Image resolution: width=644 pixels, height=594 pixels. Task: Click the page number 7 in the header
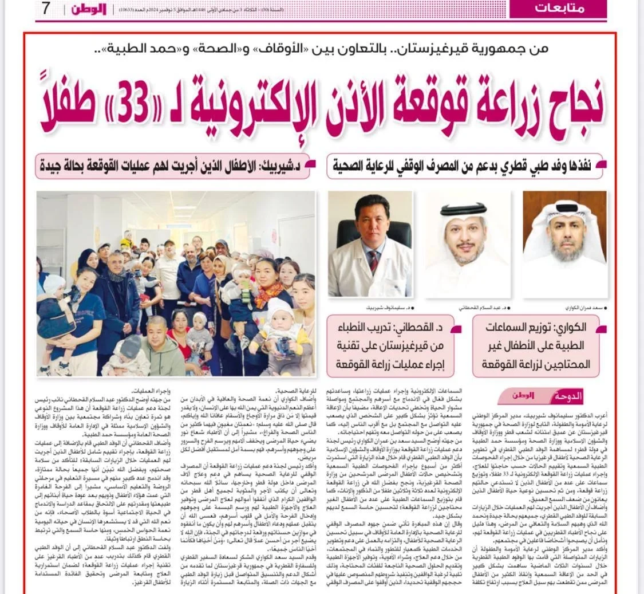(x=46, y=9)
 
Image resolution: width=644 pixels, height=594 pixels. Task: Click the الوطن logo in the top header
(x=89, y=9)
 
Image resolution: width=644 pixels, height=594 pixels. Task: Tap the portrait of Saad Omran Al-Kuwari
(x=564, y=243)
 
